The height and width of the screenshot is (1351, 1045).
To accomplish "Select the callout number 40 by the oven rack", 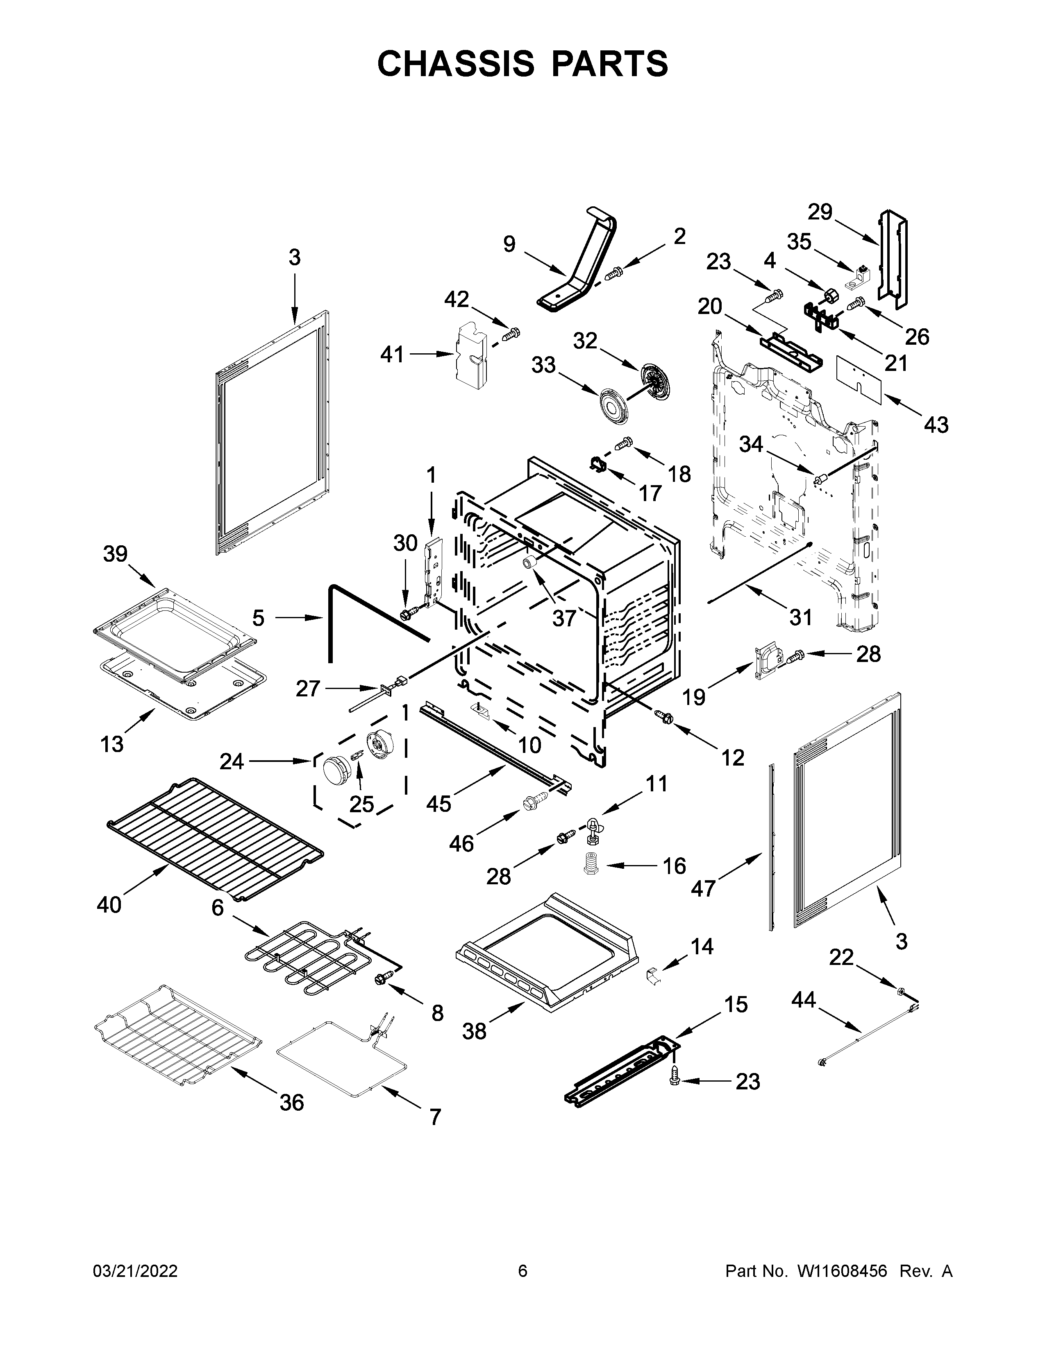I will pos(109,905).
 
